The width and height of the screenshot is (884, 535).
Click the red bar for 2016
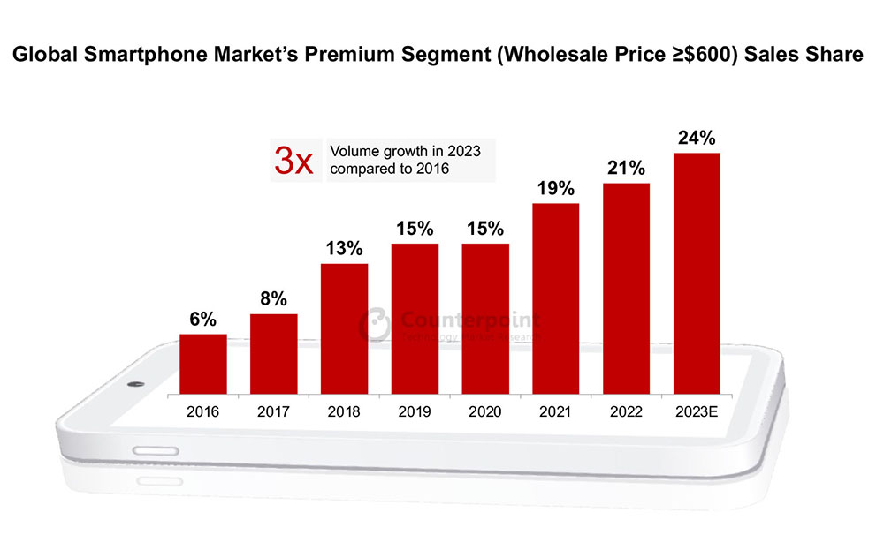coord(202,364)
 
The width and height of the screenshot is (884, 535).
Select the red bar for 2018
coord(344,328)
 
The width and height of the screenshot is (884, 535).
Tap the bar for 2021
coord(555,298)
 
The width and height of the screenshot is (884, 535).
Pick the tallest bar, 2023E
coord(697,273)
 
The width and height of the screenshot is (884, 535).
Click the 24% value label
coord(697,138)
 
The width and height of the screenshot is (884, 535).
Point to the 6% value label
coord(202,320)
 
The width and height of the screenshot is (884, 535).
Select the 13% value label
coord(344,248)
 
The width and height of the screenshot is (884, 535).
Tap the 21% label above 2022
coord(626,168)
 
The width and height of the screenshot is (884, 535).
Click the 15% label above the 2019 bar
coord(414,229)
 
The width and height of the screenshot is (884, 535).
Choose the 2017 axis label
coord(273,411)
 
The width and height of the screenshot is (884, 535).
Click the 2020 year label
coord(484,411)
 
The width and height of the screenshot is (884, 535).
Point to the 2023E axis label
coord(697,411)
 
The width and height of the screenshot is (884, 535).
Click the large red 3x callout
coord(293,162)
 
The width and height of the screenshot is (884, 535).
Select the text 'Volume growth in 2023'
coord(405,151)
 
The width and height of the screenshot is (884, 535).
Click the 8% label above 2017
coord(273,299)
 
